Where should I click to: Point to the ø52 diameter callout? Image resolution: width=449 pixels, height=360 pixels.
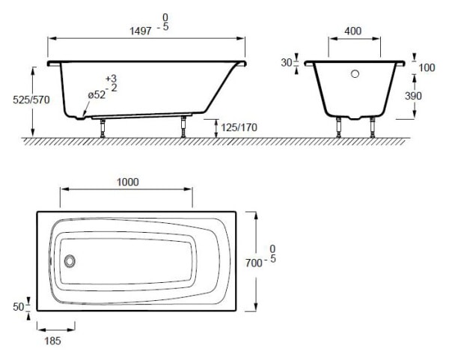[97, 95]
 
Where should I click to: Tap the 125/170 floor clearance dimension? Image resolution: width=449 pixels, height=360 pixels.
[239, 127]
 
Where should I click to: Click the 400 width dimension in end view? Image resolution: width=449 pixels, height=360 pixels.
[354, 31]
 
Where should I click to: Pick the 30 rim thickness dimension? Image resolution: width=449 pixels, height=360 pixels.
[286, 63]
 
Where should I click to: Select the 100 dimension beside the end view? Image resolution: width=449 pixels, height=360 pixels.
[427, 68]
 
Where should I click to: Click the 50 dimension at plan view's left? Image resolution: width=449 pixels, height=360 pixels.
[19, 307]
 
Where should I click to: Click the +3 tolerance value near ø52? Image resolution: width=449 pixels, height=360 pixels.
[112, 79]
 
